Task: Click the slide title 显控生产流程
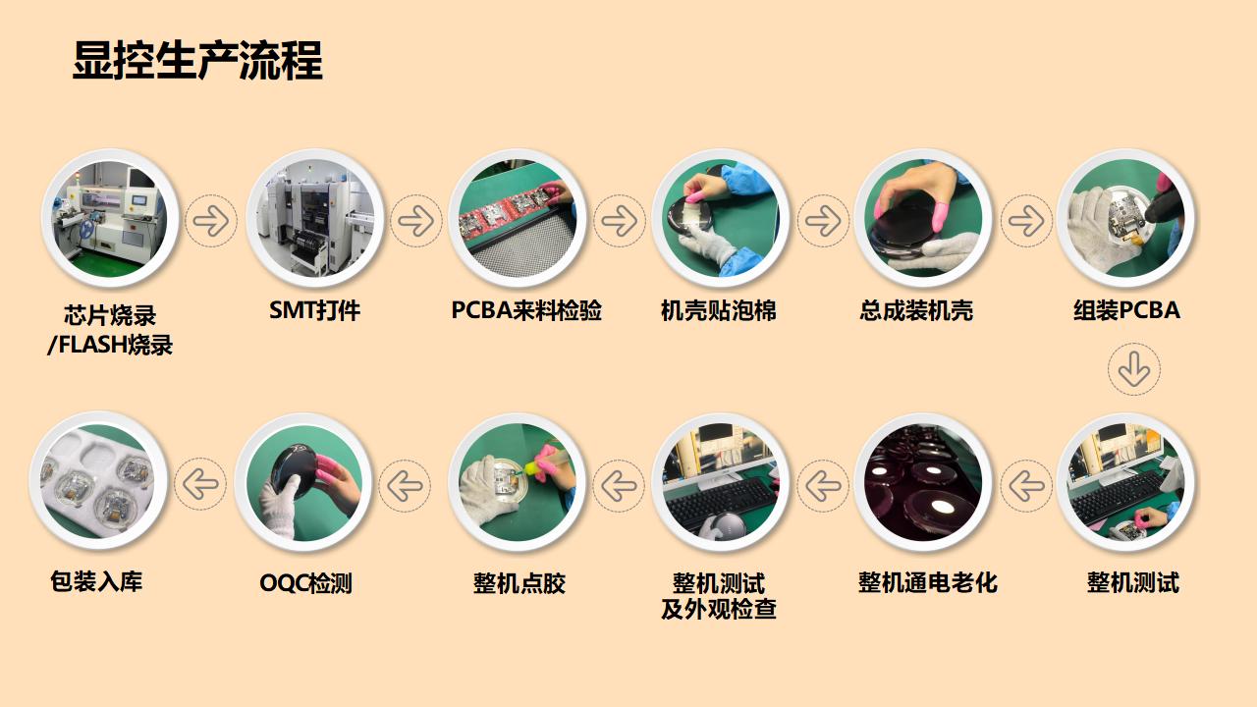197,61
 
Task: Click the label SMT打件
314,311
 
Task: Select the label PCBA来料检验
526,311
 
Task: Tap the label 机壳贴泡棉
719,311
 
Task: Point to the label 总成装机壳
916,311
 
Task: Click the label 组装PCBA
1126,311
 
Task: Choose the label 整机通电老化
927,583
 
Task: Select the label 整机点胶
519,583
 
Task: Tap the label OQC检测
305,583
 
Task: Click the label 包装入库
96,581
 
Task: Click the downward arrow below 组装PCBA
1134,370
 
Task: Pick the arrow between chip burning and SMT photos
211,221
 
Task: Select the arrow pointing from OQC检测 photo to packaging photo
200,484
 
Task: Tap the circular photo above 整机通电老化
923,482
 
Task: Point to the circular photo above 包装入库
98,480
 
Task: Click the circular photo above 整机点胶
518,482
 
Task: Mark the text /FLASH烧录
110,346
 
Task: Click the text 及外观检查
719,610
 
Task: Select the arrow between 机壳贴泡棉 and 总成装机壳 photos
823,221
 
